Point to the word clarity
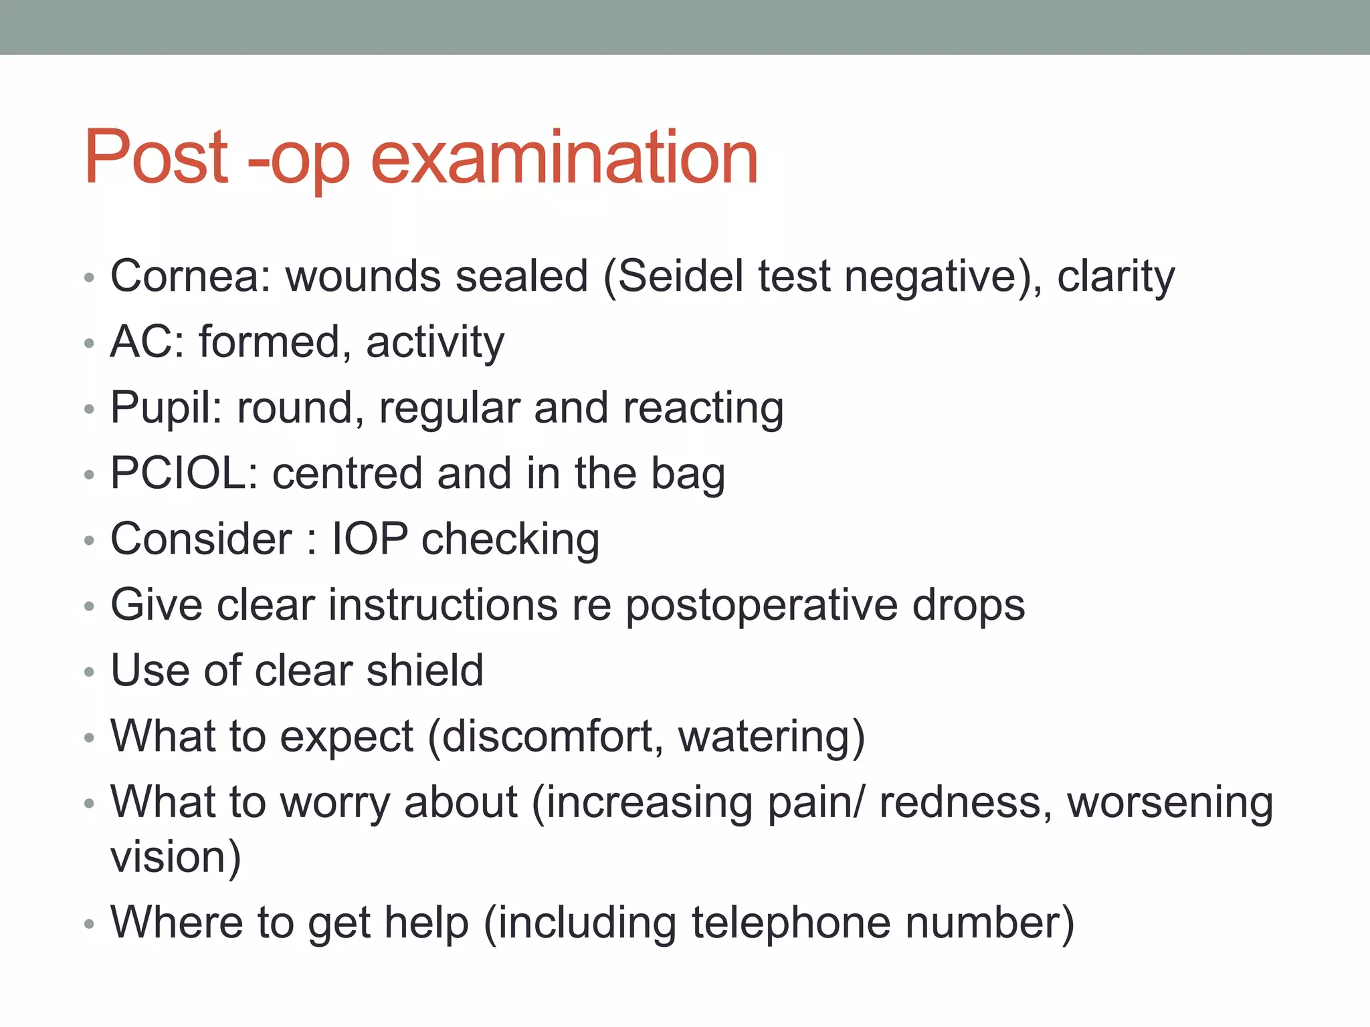[x=1115, y=277]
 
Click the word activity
[x=435, y=343]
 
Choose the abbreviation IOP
[x=370, y=539]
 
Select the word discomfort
[x=553, y=736]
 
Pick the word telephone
[x=791, y=923]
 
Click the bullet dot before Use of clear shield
[x=90, y=672]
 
